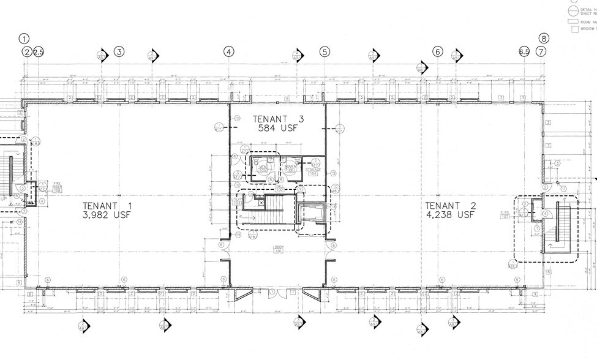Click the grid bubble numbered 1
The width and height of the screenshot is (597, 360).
[x=24, y=38]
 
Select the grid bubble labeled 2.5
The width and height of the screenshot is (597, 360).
[x=39, y=52]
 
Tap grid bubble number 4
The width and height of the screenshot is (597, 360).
[x=228, y=51]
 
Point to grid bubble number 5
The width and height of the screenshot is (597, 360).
[x=325, y=51]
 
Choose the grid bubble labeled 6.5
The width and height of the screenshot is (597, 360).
[x=524, y=52]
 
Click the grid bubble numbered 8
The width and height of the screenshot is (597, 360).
[x=544, y=38]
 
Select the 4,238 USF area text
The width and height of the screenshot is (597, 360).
[x=450, y=215]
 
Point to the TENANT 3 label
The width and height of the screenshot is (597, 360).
[x=277, y=118]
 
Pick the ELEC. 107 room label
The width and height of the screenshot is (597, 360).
[x=506, y=215]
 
